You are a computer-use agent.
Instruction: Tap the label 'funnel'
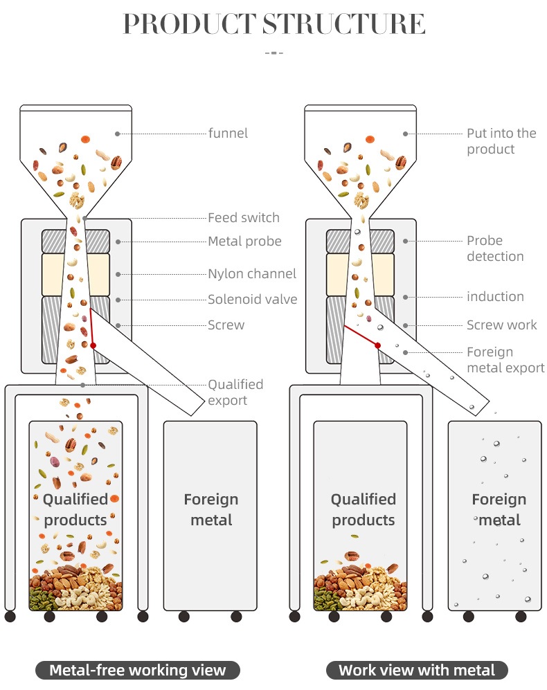[228, 133]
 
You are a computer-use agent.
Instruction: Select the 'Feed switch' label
[244, 218]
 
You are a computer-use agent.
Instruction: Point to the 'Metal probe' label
[244, 242]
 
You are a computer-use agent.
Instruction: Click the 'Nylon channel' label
[252, 274]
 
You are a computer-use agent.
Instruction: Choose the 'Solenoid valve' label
[252, 300]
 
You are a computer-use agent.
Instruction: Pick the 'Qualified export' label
[235, 392]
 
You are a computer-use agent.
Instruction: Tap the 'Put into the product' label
[501, 141]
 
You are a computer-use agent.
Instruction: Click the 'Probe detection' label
[494, 248]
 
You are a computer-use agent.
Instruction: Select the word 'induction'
[495, 297]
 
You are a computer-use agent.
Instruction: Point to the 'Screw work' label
[501, 325]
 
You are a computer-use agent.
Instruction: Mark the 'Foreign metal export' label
[505, 360]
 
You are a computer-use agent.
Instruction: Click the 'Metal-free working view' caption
[138, 670]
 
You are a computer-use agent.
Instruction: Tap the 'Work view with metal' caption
[417, 670]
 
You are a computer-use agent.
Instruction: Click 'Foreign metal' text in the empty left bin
[211, 509]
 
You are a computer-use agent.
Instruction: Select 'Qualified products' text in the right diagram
[363, 509]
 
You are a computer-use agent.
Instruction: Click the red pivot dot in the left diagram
[93, 345]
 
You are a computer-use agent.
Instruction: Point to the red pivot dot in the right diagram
[378, 345]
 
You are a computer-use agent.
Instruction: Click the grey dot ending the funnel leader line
[118, 133]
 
